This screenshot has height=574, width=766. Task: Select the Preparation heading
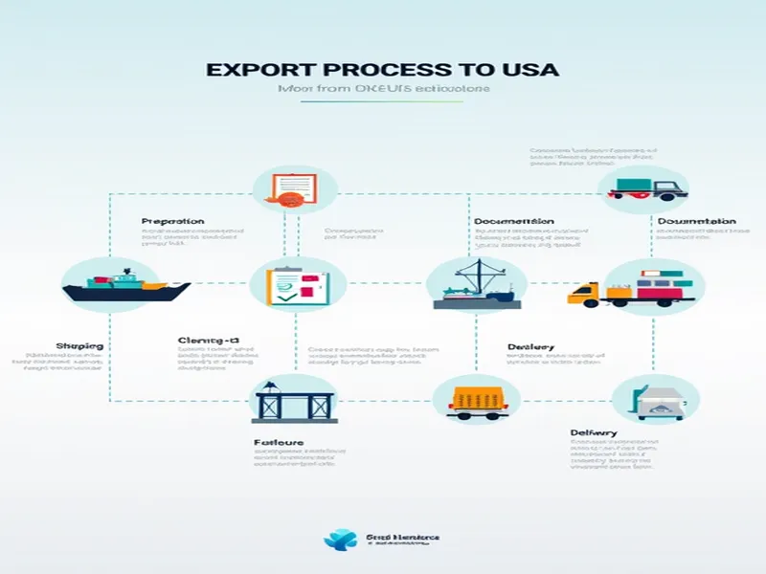click(x=172, y=221)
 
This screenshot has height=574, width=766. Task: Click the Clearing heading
click(x=208, y=341)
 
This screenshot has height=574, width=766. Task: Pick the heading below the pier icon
click(x=279, y=443)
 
